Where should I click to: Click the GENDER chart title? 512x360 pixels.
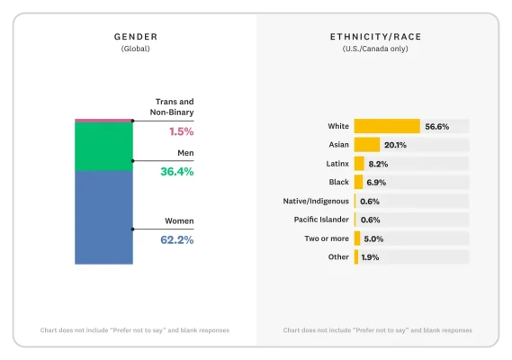coord(135,37)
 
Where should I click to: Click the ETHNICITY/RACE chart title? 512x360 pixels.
coord(375,37)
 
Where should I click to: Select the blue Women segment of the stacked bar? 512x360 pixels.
coord(103,217)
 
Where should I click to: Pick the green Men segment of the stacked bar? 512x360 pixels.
coord(103,146)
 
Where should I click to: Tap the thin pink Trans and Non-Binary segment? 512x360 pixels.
coord(103,120)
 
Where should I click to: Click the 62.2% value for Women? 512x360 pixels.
coord(176,240)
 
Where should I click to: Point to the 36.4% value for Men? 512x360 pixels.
coord(176,172)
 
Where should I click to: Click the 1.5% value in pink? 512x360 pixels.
coord(181,131)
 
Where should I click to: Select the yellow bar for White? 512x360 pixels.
coord(387,126)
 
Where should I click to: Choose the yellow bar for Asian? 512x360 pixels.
coord(366,145)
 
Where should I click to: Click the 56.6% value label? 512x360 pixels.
coord(436,126)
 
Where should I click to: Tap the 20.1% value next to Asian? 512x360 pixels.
coord(396,145)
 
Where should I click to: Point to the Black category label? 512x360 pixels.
coord(338,183)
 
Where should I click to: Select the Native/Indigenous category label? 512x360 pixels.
coord(316,201)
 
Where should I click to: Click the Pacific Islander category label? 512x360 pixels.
coord(321,220)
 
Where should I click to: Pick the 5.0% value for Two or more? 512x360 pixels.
coord(373,238)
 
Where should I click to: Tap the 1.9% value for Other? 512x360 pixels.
coord(371,257)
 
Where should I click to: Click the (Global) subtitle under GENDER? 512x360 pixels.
coord(135,49)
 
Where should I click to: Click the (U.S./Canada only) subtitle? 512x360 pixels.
coord(375,49)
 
